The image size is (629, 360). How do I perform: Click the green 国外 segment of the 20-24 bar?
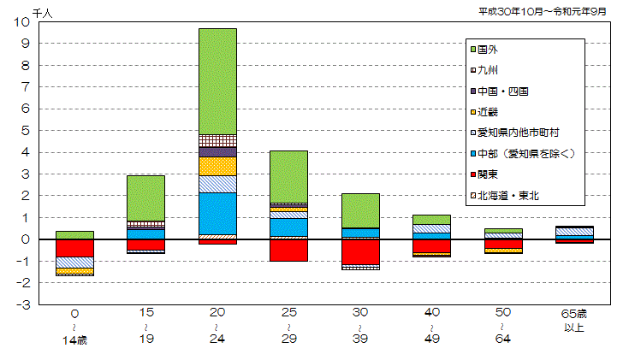pyautogui.click(x=217, y=81)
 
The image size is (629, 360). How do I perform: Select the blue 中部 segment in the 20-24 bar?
pyautogui.click(x=217, y=213)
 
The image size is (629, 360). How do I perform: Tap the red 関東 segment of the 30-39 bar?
pyautogui.click(x=361, y=251)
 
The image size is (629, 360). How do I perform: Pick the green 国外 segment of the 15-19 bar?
pyautogui.click(x=145, y=198)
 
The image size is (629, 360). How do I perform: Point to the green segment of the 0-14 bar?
pyautogui.click(x=74, y=234)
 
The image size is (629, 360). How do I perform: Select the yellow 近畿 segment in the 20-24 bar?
pyautogui.click(x=217, y=166)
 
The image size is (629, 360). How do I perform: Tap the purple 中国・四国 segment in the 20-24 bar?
pyautogui.click(x=217, y=151)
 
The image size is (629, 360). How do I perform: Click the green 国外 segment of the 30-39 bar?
pyautogui.click(x=361, y=210)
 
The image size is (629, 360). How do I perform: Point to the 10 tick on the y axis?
pyautogui.click(x=21, y=22)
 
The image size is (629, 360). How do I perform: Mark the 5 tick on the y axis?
pyautogui.click(x=25, y=131)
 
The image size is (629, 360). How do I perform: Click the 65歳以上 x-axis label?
pyautogui.click(x=576, y=321)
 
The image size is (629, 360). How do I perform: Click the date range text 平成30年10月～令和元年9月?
pyautogui.click(x=543, y=10)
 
